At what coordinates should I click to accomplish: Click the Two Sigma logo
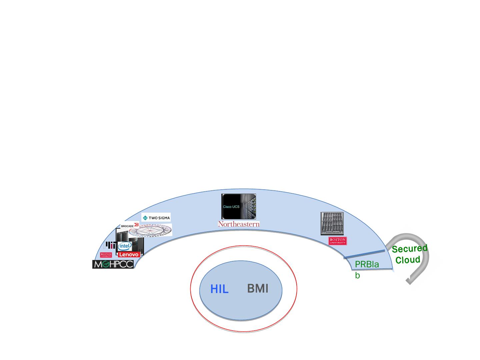click(x=156, y=218)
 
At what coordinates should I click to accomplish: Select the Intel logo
click(x=125, y=246)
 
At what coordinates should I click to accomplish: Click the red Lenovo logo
click(x=129, y=254)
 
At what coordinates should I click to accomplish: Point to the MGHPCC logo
click(x=113, y=264)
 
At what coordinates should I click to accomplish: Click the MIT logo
click(x=111, y=245)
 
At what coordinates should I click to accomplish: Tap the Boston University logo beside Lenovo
click(x=106, y=255)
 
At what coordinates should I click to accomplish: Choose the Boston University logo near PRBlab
click(x=337, y=241)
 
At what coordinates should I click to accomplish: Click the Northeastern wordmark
click(x=239, y=224)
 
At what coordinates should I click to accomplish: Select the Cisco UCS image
click(x=238, y=206)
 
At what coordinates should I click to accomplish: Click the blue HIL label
click(x=219, y=289)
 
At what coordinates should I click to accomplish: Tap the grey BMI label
click(x=258, y=288)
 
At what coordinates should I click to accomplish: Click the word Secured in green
click(x=409, y=249)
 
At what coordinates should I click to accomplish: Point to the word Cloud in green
click(x=408, y=260)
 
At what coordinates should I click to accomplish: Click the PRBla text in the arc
click(x=367, y=265)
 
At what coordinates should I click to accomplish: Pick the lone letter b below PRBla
click(x=357, y=276)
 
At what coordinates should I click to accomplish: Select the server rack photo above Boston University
click(x=332, y=223)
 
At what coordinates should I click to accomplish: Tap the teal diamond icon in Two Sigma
click(x=145, y=218)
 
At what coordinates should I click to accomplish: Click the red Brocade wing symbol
click(x=136, y=225)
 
